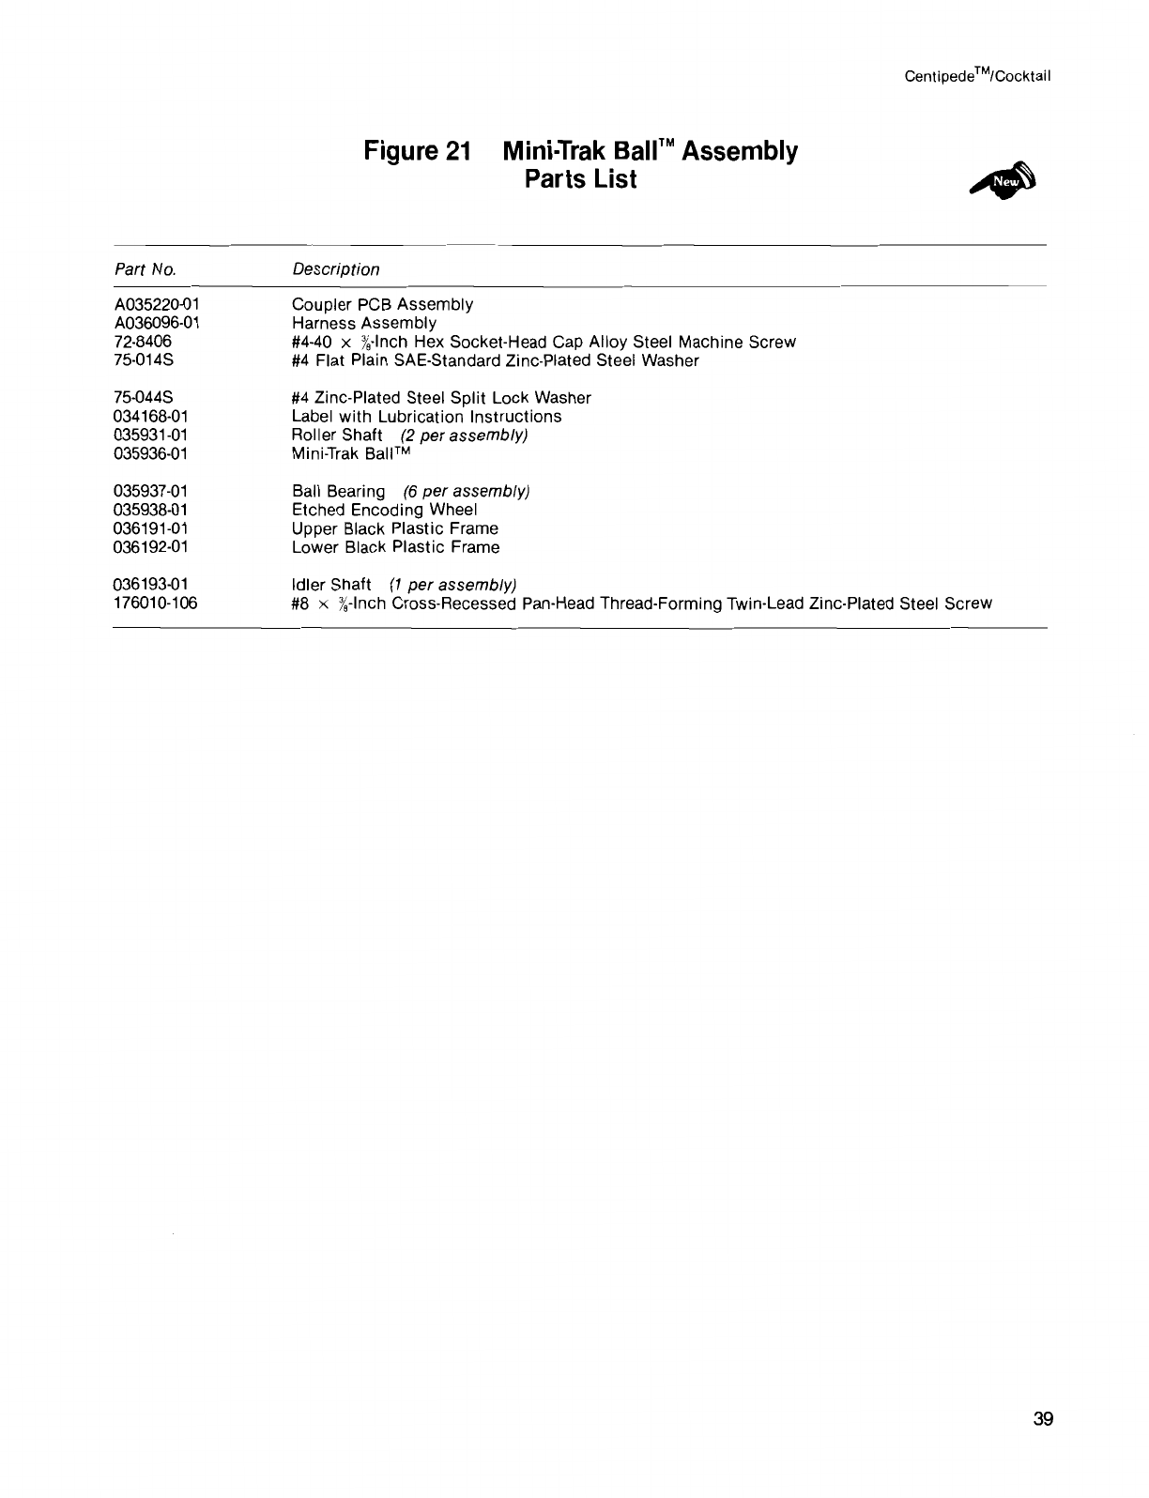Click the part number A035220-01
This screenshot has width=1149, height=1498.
(156, 304)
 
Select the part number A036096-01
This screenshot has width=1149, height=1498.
(156, 323)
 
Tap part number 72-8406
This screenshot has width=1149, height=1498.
(142, 342)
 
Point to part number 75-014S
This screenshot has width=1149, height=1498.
(143, 360)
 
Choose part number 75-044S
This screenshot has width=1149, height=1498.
(143, 398)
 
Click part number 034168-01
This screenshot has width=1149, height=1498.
(150, 417)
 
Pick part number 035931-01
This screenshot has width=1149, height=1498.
(150, 436)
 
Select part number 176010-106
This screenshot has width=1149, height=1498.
(155, 604)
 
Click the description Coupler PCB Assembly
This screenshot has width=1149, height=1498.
(382, 304)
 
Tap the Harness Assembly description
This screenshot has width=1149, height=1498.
(363, 323)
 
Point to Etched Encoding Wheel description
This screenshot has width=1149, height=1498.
(384, 510)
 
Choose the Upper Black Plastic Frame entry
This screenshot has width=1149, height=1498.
(394, 528)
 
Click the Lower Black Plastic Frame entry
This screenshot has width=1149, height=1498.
(395, 547)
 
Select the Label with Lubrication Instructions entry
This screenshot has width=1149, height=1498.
(426, 417)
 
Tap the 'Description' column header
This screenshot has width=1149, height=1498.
(335, 270)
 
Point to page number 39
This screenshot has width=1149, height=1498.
(1043, 1419)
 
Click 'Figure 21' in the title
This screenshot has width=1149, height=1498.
(416, 151)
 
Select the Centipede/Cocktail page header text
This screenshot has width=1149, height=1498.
(976, 76)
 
